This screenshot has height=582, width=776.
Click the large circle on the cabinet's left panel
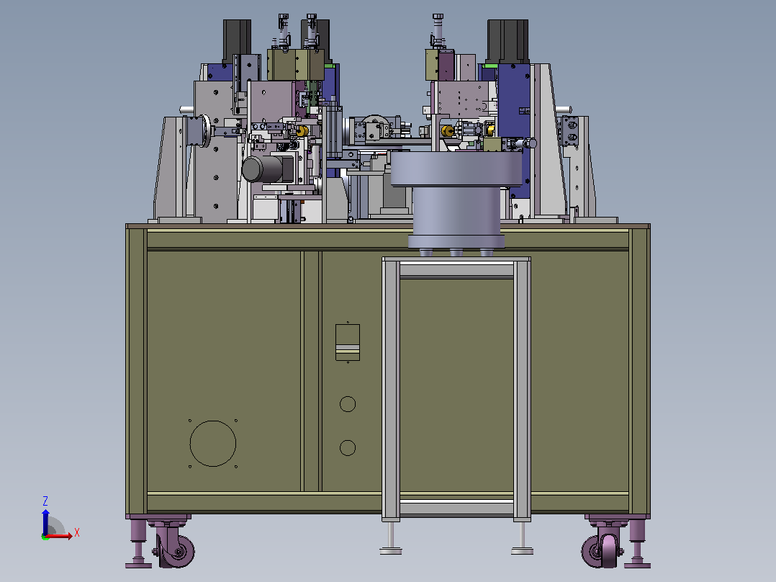click(213, 421)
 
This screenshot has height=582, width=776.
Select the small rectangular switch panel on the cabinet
click(348, 342)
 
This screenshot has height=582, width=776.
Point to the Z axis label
click(45, 501)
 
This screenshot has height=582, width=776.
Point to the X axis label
click(77, 533)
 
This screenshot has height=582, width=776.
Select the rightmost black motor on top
click(507, 42)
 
